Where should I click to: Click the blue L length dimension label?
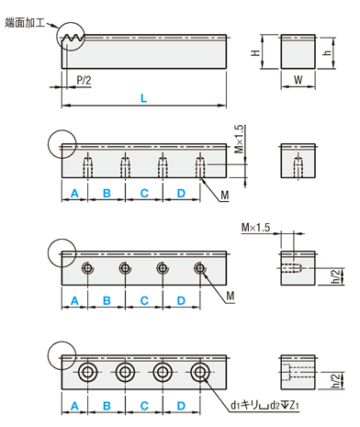[143, 98]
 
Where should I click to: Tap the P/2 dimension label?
[84, 80]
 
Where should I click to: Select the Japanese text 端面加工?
[25, 23]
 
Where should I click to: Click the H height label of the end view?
[255, 52]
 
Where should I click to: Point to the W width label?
[298, 80]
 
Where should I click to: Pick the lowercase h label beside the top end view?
[327, 52]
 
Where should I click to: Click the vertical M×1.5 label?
[240, 139]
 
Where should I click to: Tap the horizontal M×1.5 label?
[256, 228]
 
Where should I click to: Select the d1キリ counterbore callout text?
[264, 405]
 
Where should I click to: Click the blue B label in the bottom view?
[107, 406]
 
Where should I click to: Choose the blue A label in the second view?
[74, 193]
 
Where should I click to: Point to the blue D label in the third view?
[181, 300]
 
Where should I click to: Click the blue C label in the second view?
[144, 193]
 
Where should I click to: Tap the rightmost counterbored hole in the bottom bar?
[200, 372]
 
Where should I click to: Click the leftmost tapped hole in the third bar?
[88, 268]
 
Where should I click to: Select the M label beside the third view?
[231, 296]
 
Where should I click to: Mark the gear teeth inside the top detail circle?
[73, 38]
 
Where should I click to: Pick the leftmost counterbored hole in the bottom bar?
[88, 372]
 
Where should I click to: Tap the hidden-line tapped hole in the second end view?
[298, 166]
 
